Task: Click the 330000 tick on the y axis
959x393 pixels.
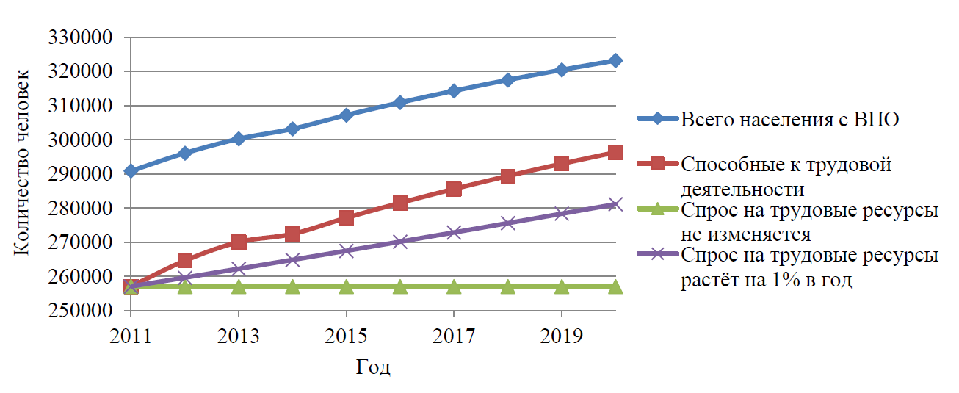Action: [x=79, y=37]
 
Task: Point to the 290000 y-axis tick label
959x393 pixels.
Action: [x=79, y=174]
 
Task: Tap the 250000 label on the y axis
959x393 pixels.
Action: [x=79, y=311]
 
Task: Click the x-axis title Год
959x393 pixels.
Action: [x=373, y=367]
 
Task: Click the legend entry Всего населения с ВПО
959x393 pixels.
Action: [x=789, y=120]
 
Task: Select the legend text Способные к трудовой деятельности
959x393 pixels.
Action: [x=786, y=176]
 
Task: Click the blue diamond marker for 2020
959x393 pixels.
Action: [x=615, y=60]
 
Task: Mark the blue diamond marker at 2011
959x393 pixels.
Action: [x=131, y=170]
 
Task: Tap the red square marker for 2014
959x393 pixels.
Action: [x=292, y=234]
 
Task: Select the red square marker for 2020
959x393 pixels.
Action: [x=615, y=153]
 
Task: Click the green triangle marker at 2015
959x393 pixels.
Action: [x=347, y=286]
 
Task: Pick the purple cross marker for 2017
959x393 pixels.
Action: [x=454, y=233]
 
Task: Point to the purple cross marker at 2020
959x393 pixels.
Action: [x=615, y=204]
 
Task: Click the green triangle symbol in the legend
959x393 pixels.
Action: [x=658, y=211]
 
